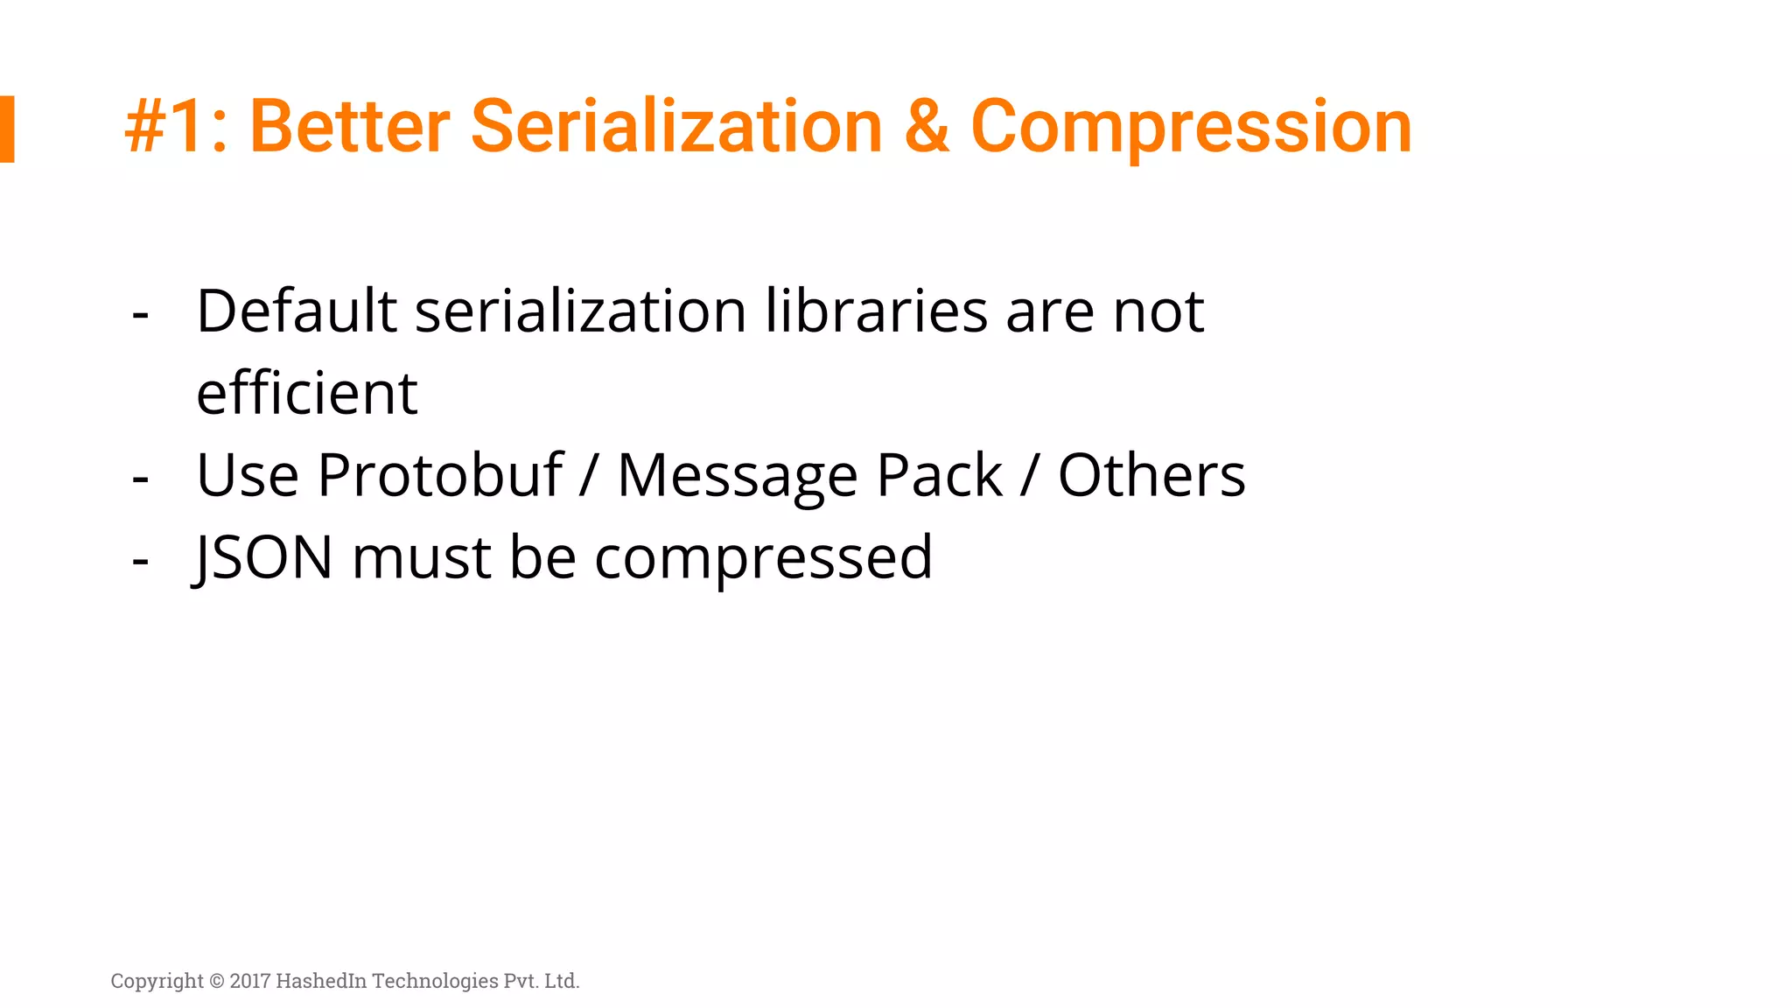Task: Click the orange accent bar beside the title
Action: tap(7, 129)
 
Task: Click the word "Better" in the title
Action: tap(350, 127)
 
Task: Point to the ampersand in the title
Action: tap(927, 127)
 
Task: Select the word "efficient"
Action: tap(306, 393)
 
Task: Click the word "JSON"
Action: tap(263, 557)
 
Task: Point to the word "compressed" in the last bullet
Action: tap(763, 559)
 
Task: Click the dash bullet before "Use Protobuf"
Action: tap(140, 479)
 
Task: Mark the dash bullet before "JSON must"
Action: tap(140, 561)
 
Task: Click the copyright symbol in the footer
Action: tap(216, 981)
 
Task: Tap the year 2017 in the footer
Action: tap(250, 981)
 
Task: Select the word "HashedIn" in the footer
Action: tap(321, 981)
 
